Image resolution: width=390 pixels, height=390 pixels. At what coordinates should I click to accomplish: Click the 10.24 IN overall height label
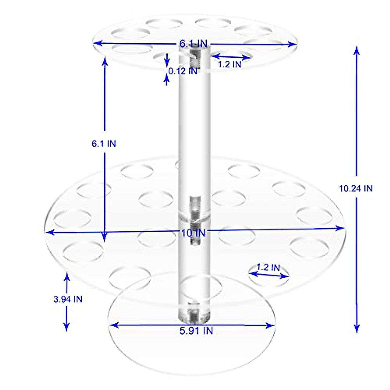click(356, 188)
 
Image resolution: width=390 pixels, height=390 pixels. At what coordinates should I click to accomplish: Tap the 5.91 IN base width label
click(196, 331)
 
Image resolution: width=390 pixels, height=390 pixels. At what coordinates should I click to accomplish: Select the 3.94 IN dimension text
click(68, 299)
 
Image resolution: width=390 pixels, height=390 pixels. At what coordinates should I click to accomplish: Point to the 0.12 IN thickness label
click(182, 71)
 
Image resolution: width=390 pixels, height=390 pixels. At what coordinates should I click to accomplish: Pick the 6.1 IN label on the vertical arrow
click(104, 143)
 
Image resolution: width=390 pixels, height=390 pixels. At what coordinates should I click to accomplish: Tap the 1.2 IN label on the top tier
click(229, 64)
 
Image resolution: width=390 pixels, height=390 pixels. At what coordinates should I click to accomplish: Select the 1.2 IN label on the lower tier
click(268, 267)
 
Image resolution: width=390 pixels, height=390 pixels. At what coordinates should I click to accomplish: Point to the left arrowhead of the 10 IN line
click(48, 232)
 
